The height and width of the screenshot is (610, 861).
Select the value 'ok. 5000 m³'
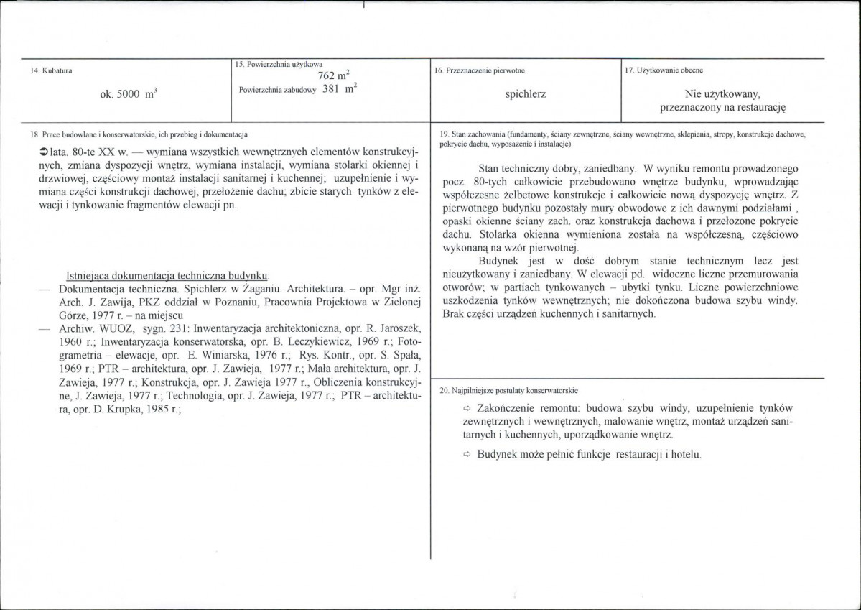129,93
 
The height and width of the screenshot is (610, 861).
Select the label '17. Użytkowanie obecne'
664,70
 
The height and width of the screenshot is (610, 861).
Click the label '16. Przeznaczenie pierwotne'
480,70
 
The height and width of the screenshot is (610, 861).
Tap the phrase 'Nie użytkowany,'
722,93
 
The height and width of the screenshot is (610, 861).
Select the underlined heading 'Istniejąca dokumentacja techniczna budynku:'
167,275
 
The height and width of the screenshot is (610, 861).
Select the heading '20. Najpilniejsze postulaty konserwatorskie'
508,390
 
